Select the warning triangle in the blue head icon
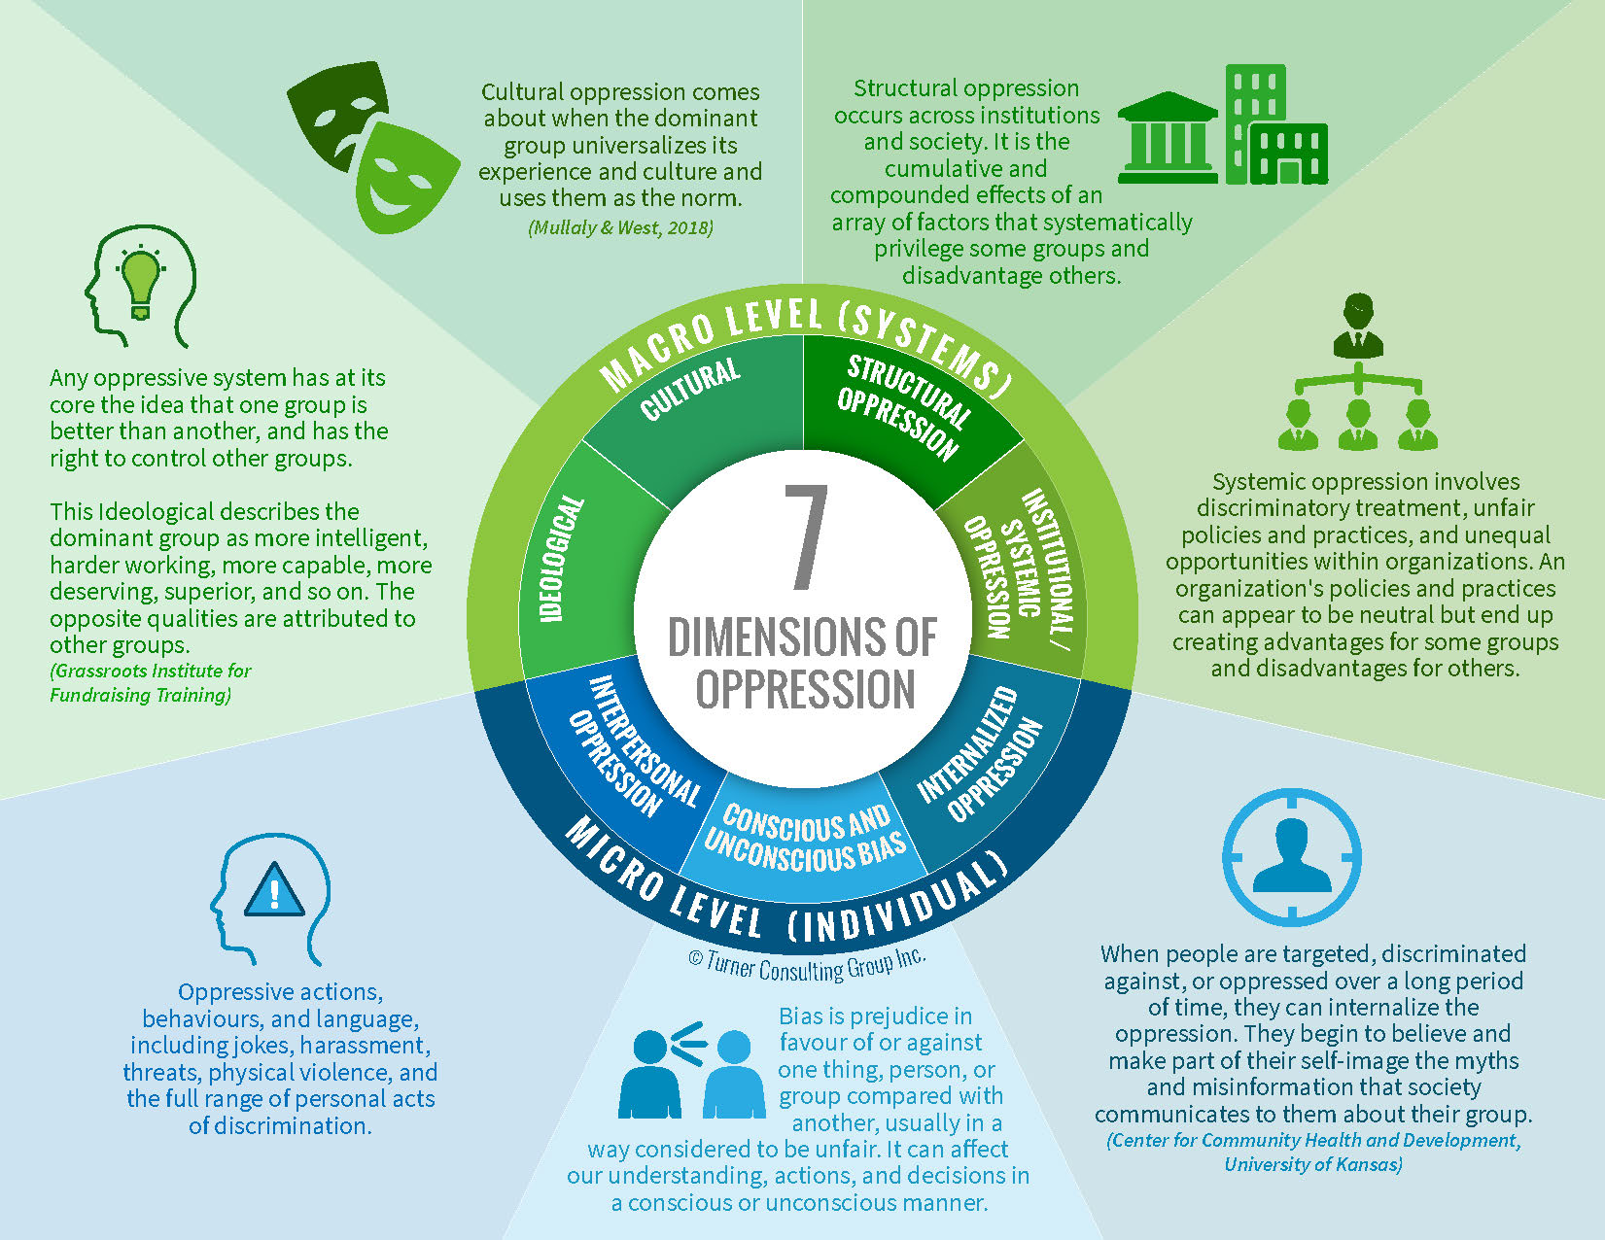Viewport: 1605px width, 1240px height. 275,890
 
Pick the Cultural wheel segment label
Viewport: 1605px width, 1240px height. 690,390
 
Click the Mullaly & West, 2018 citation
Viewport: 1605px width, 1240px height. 620,227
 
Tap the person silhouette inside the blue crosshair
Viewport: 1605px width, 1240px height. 1291,855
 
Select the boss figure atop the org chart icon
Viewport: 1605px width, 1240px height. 1358,326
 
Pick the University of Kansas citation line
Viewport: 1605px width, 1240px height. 1312,1164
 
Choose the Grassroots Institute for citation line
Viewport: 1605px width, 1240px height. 151,671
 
